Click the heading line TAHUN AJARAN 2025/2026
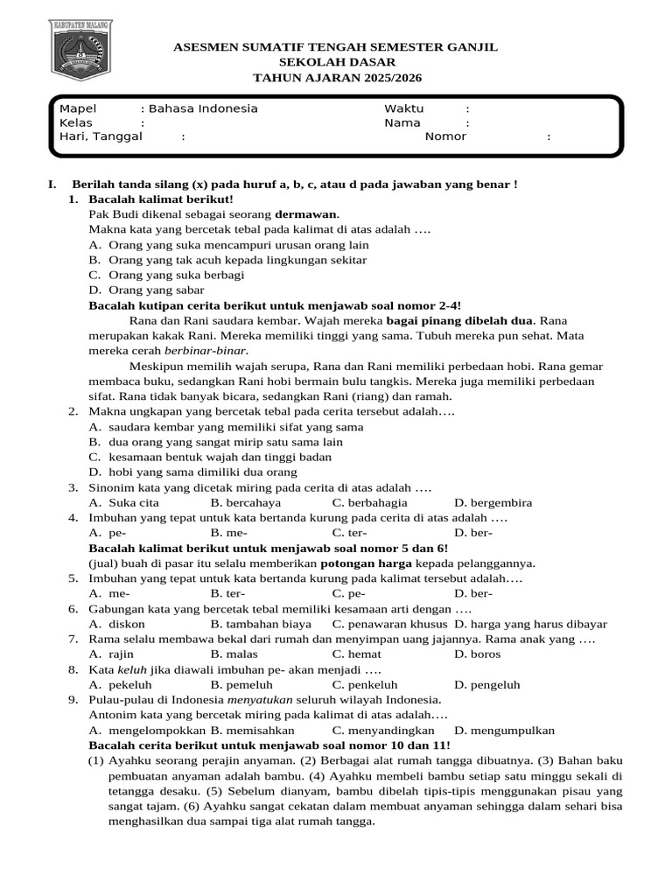[x=336, y=78]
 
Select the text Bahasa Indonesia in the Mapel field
[x=203, y=108]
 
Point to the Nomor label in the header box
[x=445, y=136]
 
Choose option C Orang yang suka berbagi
[x=176, y=275]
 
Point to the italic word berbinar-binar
[x=200, y=350]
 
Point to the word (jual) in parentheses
[x=104, y=563]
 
